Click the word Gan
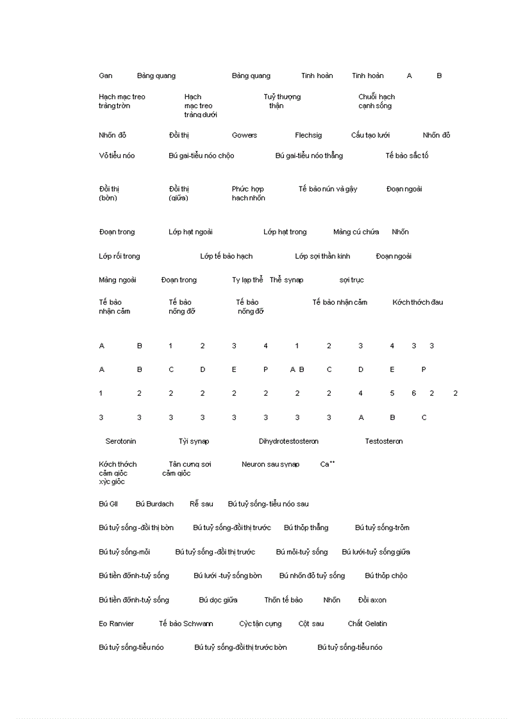(106, 76)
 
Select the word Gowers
(244, 135)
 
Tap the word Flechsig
(308, 135)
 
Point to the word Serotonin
(120, 441)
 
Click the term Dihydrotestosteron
(288, 441)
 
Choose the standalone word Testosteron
(384, 441)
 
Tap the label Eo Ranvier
(117, 624)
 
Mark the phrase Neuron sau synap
(270, 464)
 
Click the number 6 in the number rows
(414, 393)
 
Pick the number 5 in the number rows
(392, 393)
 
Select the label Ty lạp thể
(247, 280)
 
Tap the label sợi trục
(352, 280)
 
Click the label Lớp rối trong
(119, 256)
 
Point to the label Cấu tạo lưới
(370, 135)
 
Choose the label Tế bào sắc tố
(407, 156)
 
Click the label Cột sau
(311, 624)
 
